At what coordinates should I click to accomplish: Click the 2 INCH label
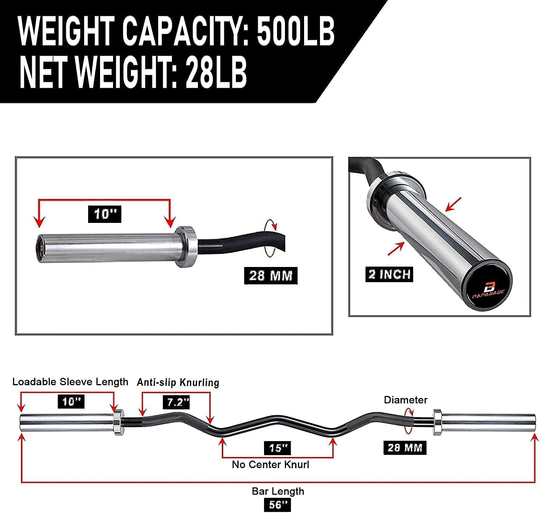click(389, 275)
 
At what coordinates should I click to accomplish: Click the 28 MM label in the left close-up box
click(271, 276)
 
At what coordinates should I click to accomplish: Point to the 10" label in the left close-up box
click(105, 214)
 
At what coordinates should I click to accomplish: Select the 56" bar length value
click(277, 504)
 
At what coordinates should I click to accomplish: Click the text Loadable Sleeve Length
click(70, 382)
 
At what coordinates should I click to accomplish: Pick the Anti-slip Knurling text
click(178, 382)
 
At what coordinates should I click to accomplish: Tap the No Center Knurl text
click(270, 465)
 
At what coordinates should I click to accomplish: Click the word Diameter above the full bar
click(405, 400)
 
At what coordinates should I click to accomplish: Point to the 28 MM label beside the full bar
click(404, 448)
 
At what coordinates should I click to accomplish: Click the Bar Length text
click(278, 491)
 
